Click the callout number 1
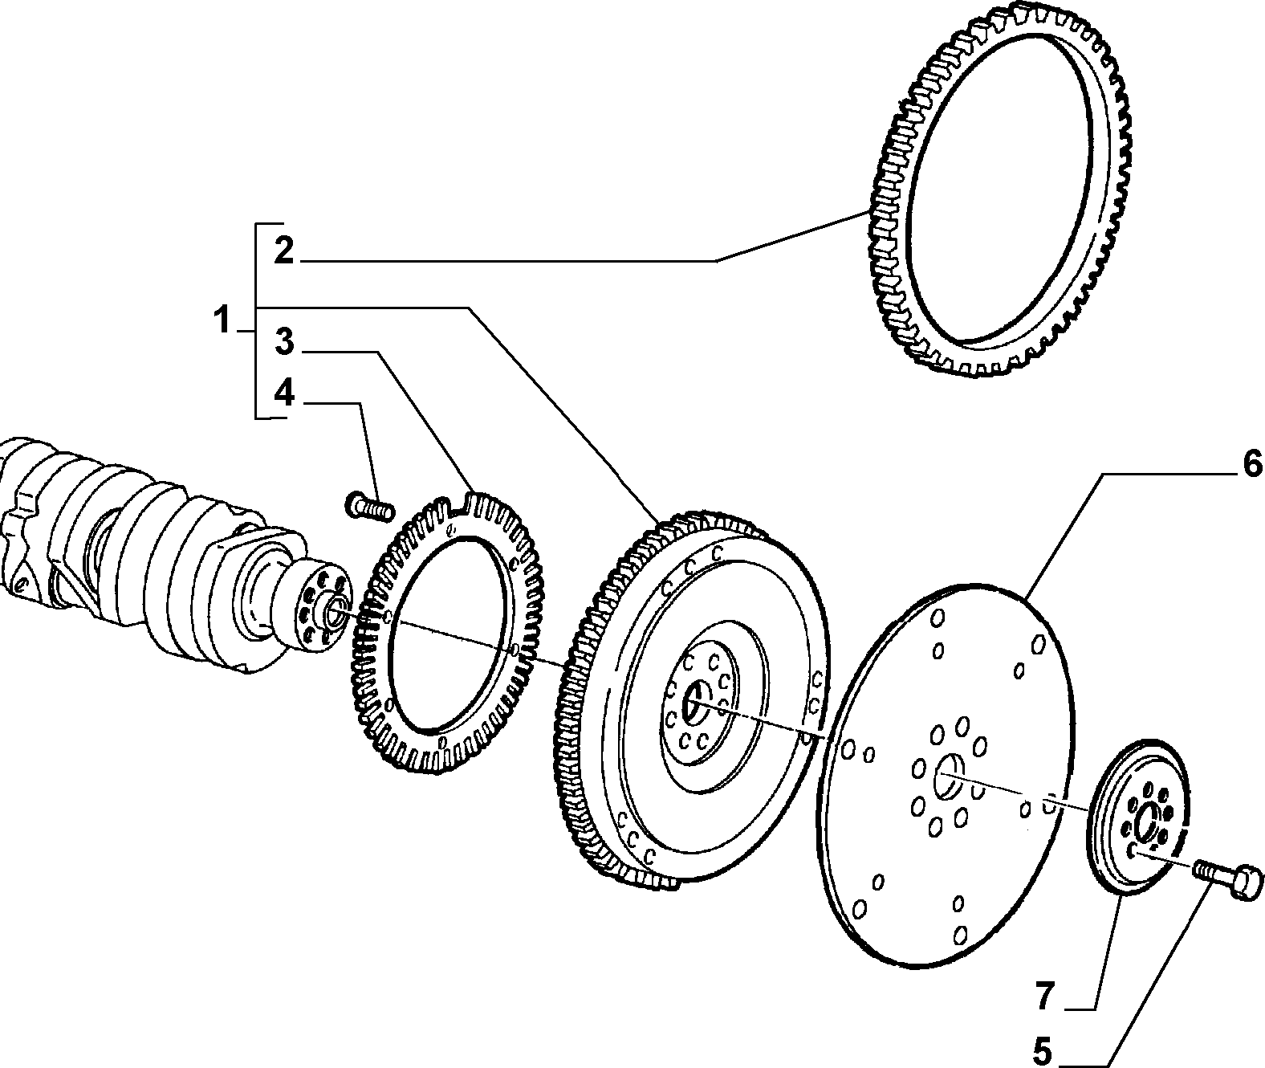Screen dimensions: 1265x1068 pos(222,320)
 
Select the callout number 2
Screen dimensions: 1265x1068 pos(283,251)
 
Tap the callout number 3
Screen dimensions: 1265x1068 pos(284,341)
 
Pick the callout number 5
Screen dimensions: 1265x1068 pos(1043,1052)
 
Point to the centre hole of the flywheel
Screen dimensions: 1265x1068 pos(694,703)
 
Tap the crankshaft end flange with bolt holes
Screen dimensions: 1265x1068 pos(317,612)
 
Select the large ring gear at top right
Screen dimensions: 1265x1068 pos(999,191)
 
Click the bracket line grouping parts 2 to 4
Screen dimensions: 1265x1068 pos(257,320)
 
